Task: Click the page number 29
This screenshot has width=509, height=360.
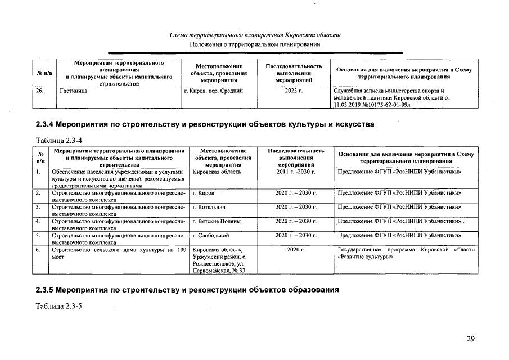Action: pyautogui.click(x=471, y=339)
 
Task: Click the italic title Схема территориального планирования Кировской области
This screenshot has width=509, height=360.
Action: pyautogui.click(x=255, y=35)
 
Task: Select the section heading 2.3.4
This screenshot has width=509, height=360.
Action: pyautogui.click(x=205, y=123)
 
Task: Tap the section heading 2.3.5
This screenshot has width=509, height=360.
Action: pyautogui.click(x=187, y=290)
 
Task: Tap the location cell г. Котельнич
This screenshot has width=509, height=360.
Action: pyautogui.click(x=209, y=207)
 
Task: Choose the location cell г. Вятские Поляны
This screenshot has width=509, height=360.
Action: pyautogui.click(x=216, y=221)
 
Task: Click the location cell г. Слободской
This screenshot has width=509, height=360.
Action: pyautogui.click(x=210, y=235)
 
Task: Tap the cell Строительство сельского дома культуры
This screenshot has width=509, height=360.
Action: pyautogui.click(x=118, y=253)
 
